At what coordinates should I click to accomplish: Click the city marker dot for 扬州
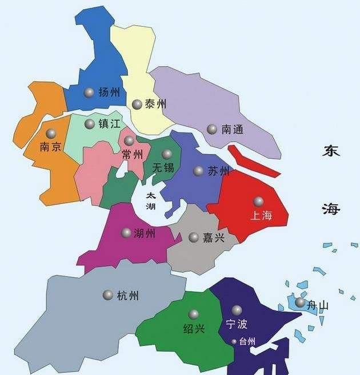click(89, 92)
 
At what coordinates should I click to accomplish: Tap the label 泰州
click(155, 104)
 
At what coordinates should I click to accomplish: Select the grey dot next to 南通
click(212, 130)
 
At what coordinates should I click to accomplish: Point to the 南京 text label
click(50, 147)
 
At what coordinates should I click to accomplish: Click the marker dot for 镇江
click(89, 124)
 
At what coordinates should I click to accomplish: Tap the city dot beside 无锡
click(167, 154)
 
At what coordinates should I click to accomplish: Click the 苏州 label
click(218, 171)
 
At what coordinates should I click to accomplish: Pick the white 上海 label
click(262, 215)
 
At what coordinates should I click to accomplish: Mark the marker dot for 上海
click(259, 201)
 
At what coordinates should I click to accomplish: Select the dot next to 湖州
click(126, 232)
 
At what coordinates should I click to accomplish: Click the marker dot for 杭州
click(107, 295)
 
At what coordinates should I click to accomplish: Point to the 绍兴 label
click(193, 328)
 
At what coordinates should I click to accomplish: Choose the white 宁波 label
click(237, 324)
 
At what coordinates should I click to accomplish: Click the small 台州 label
click(247, 341)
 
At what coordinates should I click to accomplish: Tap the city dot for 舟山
click(300, 302)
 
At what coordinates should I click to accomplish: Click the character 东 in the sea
click(331, 152)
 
